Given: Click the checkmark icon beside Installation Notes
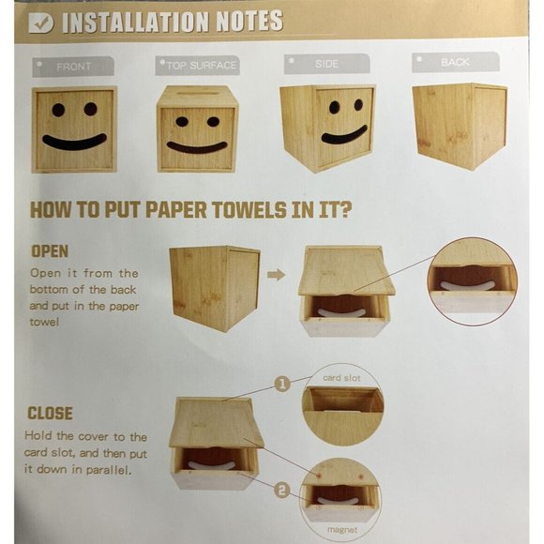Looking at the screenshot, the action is (41, 23).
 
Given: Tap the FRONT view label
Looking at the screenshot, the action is (73, 67).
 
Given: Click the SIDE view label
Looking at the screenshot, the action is (326, 64).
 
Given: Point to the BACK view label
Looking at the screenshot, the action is (455, 62).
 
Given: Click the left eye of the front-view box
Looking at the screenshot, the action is (58, 110).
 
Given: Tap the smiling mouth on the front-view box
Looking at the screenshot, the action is (74, 142).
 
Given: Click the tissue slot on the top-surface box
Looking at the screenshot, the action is (197, 93).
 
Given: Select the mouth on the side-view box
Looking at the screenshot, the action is (344, 136).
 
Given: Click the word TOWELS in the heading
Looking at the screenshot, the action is (249, 210).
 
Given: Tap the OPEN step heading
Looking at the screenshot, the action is (50, 251).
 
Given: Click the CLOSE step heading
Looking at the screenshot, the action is (50, 414).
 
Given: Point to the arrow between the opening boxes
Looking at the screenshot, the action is (276, 275).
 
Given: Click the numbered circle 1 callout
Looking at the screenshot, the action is (282, 384).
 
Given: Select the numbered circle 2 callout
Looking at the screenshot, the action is (282, 491).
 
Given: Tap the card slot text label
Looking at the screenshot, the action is (341, 378).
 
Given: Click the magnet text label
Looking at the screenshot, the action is (342, 530).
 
